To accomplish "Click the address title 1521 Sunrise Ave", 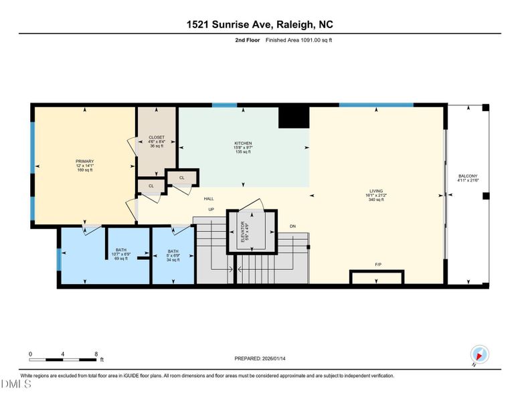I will tap(260, 25).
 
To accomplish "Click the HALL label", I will tap(209, 199).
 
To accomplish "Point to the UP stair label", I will tap(211, 210).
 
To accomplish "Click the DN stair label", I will tap(292, 226).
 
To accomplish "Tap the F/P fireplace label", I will tap(378, 265).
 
